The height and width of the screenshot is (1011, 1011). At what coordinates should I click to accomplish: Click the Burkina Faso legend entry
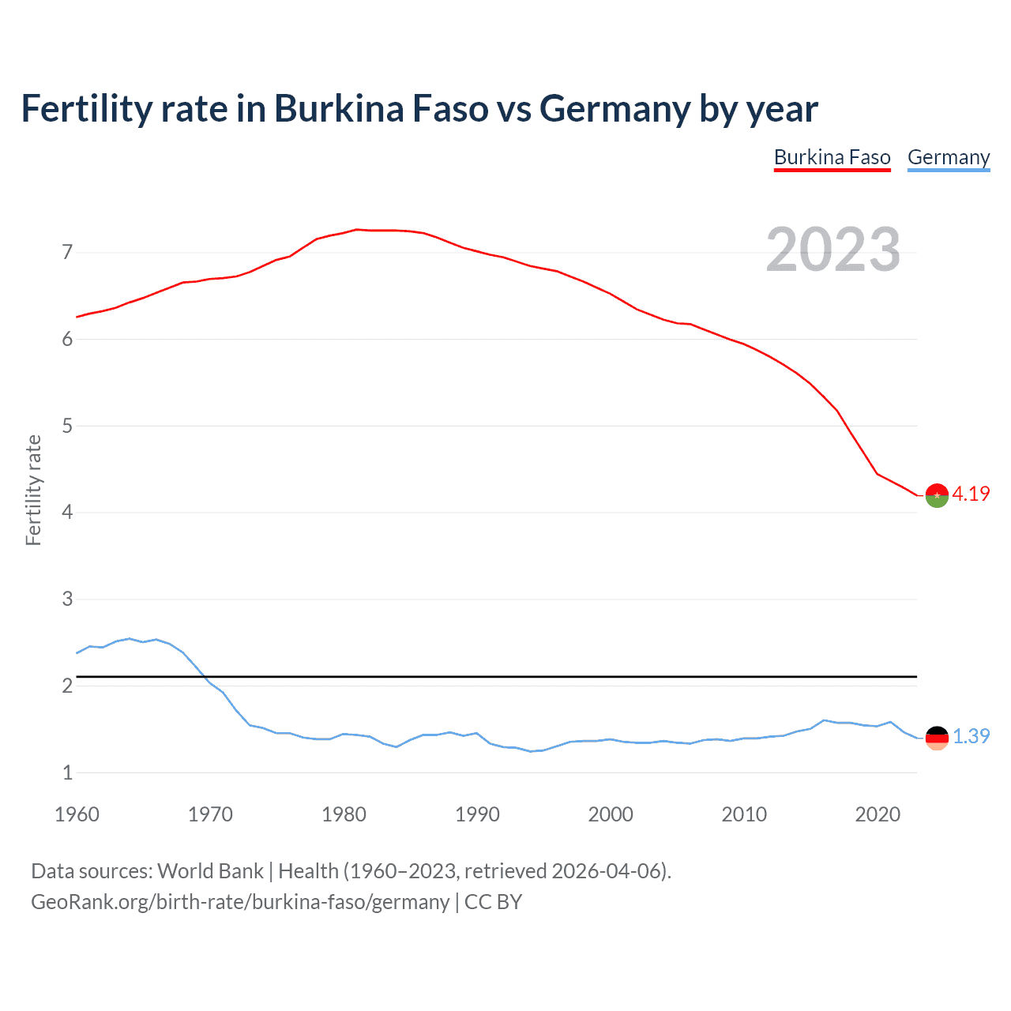(832, 157)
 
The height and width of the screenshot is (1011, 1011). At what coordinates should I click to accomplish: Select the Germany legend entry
(948, 157)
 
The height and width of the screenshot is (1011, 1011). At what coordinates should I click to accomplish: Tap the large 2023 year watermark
(832, 250)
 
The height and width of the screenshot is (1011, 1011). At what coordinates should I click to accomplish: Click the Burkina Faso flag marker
(937, 495)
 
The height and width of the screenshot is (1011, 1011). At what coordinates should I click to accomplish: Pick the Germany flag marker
(937, 738)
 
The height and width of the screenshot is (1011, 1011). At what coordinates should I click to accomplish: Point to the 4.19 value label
(971, 494)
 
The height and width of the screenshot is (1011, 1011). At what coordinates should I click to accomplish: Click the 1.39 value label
(971, 736)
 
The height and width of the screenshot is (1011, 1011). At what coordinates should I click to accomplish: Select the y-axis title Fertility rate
(33, 490)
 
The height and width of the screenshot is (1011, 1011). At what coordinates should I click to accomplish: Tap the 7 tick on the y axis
(68, 253)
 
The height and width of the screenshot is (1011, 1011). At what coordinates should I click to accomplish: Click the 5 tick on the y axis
(68, 427)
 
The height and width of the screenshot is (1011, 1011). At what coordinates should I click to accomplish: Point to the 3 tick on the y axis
(68, 599)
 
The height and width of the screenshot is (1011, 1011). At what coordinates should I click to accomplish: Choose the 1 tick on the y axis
(68, 772)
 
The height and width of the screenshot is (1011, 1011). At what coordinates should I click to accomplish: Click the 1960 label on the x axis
(77, 814)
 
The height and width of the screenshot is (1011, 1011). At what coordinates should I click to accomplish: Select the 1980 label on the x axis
(344, 814)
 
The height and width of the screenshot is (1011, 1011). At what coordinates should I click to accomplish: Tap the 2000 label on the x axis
(611, 814)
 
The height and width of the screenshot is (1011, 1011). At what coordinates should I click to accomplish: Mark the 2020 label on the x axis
(878, 814)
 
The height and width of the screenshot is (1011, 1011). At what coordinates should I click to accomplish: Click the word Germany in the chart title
(614, 109)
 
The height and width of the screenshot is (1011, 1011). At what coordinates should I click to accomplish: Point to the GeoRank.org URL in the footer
(239, 902)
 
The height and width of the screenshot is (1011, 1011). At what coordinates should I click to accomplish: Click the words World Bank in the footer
(210, 871)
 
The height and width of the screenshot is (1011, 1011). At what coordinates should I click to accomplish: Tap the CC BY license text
(493, 902)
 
